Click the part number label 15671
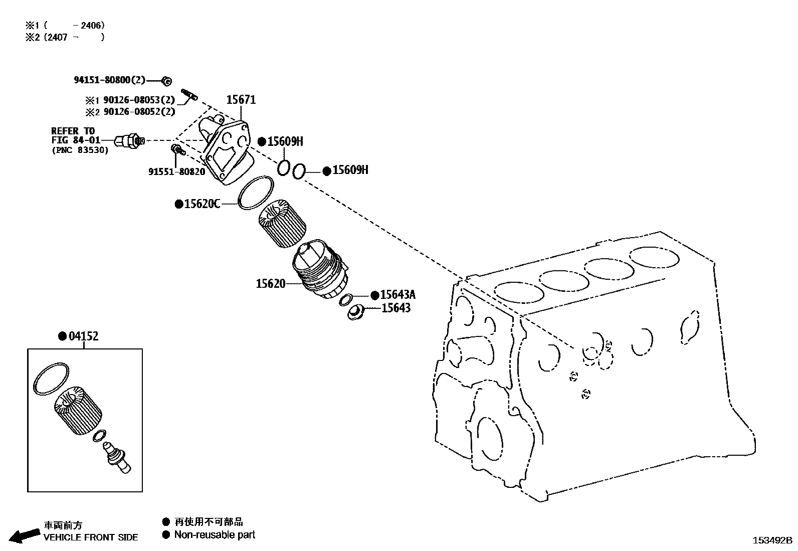(241, 100)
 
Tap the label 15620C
(202, 204)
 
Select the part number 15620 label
(271, 284)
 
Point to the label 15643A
(397, 295)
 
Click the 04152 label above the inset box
(83, 336)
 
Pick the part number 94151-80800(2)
(109, 80)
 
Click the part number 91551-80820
(176, 171)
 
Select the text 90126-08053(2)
(139, 100)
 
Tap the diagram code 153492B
(772, 540)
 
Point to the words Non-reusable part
(215, 535)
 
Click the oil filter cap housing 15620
(318, 271)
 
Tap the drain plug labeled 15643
(355, 312)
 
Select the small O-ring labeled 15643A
(345, 300)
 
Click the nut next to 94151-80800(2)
(167, 81)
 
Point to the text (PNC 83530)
(80, 150)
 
